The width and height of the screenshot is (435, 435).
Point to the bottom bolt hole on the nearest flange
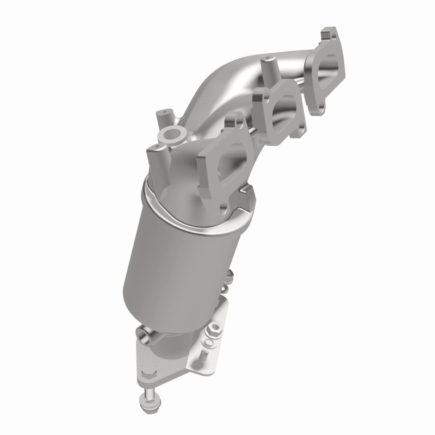click(x=223, y=207)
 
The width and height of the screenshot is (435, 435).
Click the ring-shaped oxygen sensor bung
click(x=170, y=134)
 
